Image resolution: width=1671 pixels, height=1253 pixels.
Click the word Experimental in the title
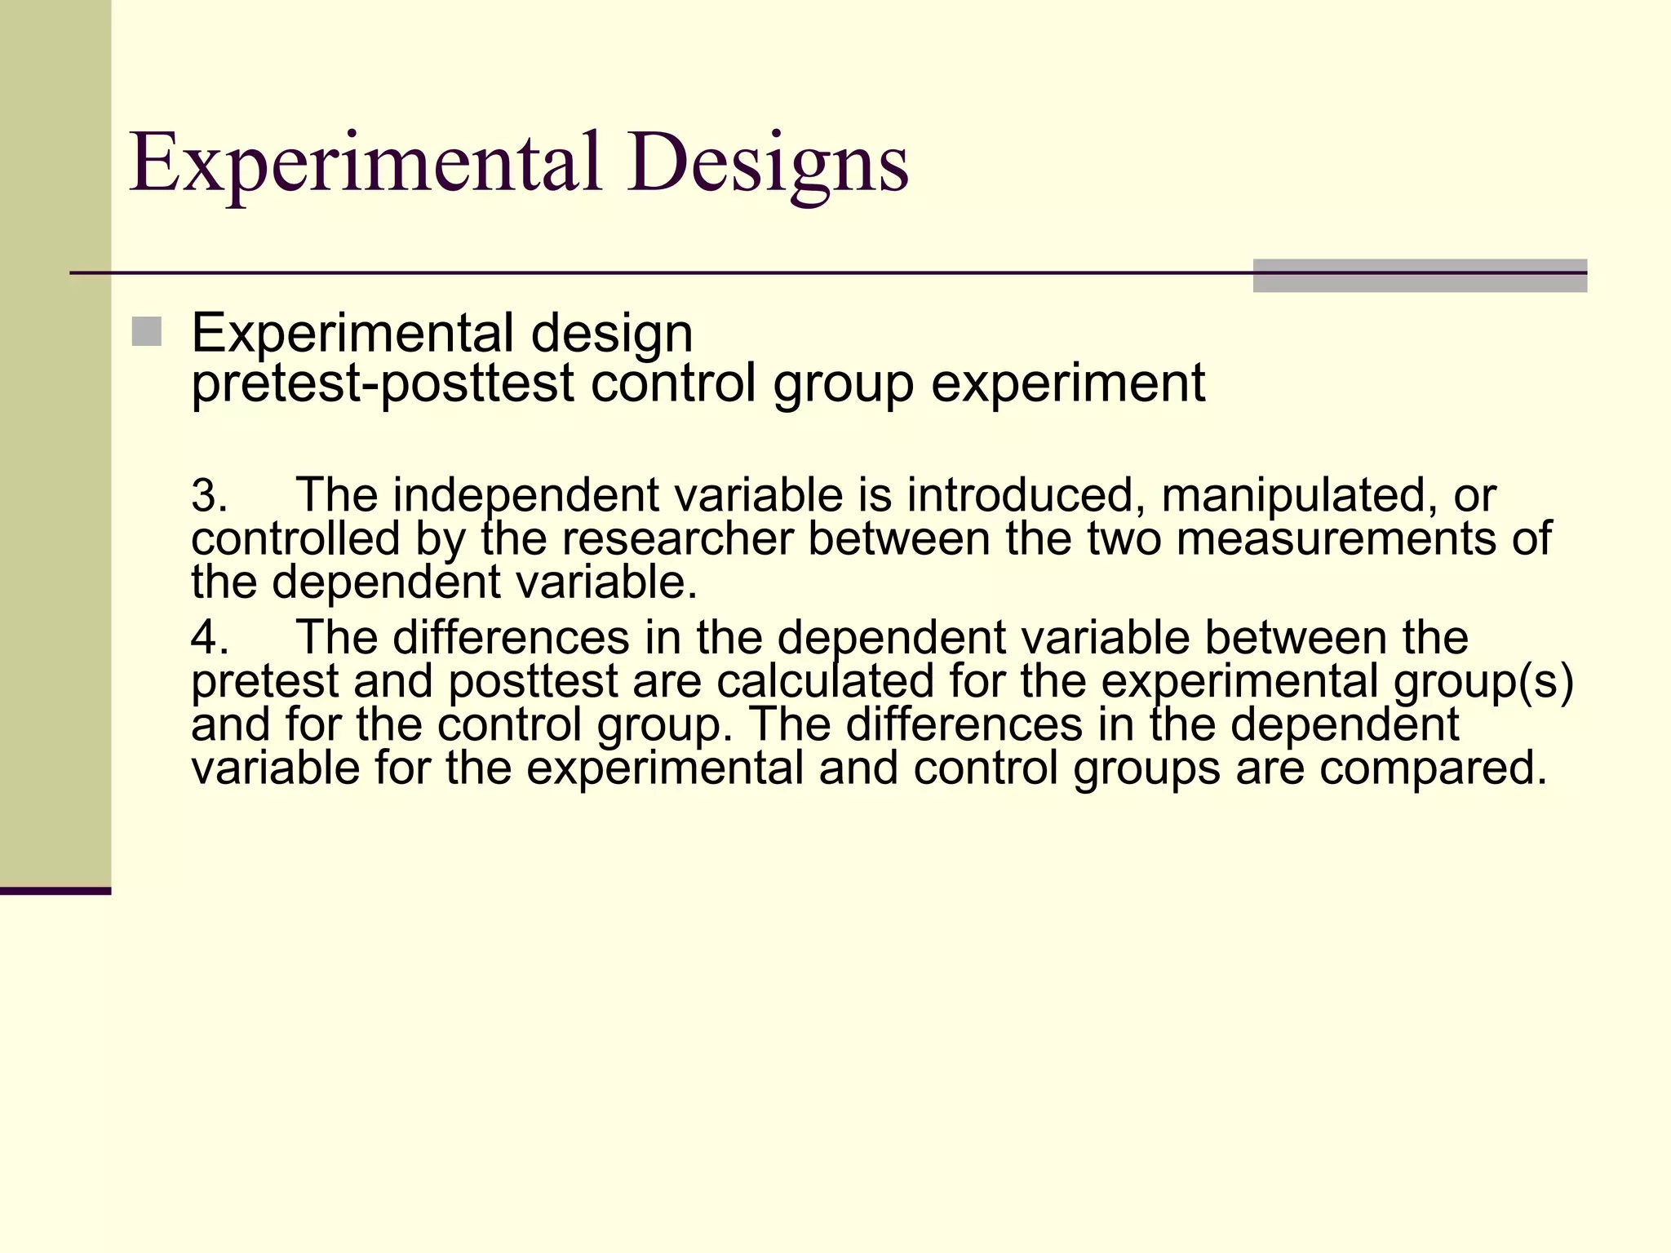coord(365,163)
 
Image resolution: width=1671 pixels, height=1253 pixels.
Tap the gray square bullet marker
coord(146,332)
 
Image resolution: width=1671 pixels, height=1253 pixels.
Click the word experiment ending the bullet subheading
coord(1068,383)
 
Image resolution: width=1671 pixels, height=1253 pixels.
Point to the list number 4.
coord(209,638)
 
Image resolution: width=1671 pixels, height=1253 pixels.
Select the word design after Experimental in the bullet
coord(612,334)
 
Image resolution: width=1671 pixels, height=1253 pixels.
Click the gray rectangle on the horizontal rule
coord(1420,276)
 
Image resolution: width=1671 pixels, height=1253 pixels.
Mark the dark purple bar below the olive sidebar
coord(55,891)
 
